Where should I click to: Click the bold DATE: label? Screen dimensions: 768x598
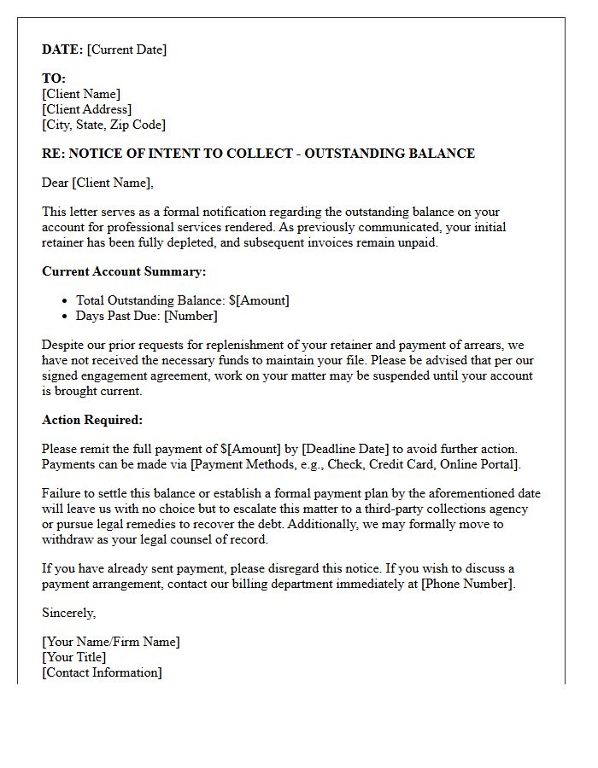tap(62, 49)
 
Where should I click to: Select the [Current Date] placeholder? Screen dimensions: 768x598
tap(127, 49)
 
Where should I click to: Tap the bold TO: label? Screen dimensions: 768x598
tap(54, 79)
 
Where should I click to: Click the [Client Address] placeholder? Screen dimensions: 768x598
tap(86, 109)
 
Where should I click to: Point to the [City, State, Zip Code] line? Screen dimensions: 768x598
tap(103, 125)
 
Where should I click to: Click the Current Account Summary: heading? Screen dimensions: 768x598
tap(124, 271)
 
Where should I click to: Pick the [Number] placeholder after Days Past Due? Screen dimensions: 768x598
tap(191, 316)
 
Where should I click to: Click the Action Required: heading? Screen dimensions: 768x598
tap(92, 420)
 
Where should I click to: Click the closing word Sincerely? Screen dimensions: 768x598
tap(68, 613)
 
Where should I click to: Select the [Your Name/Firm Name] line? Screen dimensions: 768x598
tap(111, 642)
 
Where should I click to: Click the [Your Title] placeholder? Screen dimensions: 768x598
tap(74, 657)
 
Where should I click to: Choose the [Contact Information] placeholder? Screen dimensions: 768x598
tap(102, 672)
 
